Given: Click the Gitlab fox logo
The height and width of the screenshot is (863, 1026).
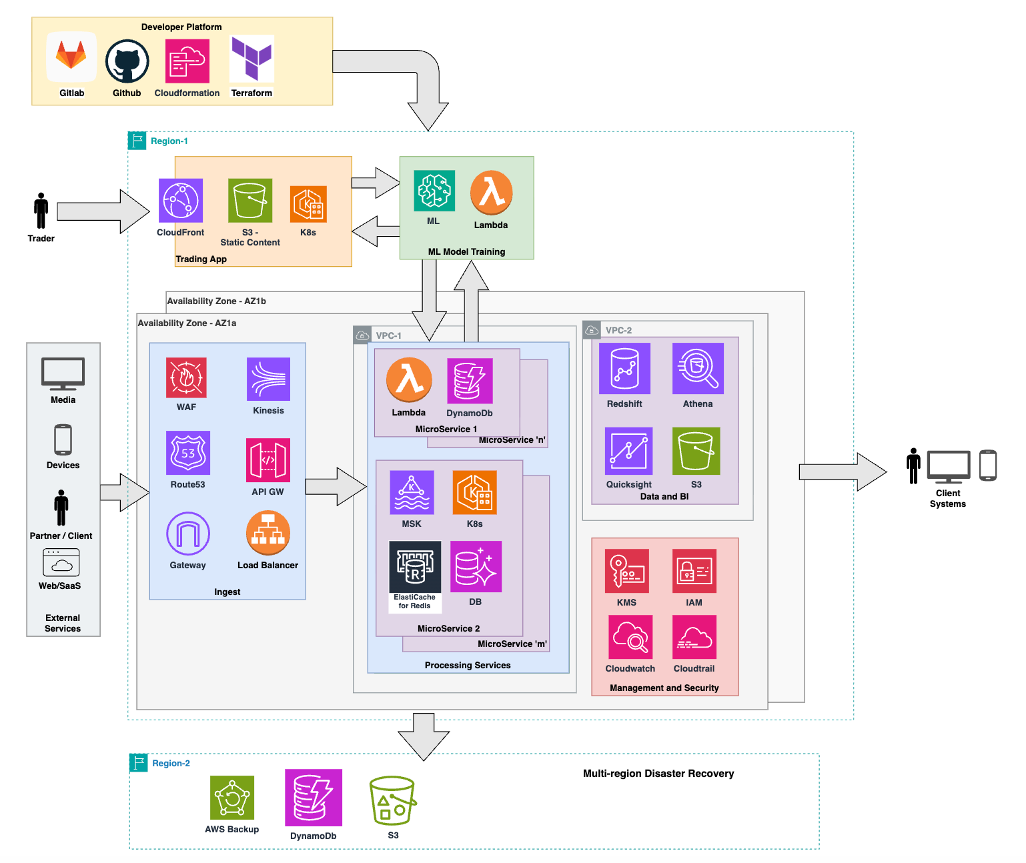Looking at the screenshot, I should [71, 57].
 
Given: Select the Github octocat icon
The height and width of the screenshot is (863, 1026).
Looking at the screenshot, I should [127, 61].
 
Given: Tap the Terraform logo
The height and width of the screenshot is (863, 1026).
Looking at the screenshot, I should [251, 58].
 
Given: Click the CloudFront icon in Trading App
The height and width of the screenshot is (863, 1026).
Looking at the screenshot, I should [181, 201].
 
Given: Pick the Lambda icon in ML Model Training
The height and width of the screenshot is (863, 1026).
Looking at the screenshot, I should [491, 193].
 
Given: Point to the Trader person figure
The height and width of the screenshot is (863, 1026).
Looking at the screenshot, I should [41, 211].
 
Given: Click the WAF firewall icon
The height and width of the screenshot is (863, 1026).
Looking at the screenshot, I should [186, 377].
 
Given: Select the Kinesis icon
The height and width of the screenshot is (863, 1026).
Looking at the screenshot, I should [268, 379].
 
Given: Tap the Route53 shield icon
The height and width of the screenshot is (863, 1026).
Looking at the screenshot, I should [188, 453].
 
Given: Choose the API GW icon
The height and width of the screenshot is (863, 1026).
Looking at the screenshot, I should [268, 460].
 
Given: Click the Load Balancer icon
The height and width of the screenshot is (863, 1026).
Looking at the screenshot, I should [268, 533].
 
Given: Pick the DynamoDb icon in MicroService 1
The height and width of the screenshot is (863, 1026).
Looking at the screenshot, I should [470, 381].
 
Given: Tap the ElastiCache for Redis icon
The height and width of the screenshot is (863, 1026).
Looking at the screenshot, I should [415, 567].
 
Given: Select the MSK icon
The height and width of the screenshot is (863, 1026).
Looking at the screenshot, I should [412, 493].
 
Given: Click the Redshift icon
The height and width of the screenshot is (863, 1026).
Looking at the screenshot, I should [624, 369].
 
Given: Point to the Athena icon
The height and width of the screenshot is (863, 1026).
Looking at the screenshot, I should [698, 369].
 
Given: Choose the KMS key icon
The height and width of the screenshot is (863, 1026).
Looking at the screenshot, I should [626, 571].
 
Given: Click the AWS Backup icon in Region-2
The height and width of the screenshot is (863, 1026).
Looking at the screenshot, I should [232, 798].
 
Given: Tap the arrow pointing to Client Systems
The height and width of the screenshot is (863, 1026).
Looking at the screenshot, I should [843, 472].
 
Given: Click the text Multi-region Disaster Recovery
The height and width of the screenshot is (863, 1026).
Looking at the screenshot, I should [658, 774].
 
